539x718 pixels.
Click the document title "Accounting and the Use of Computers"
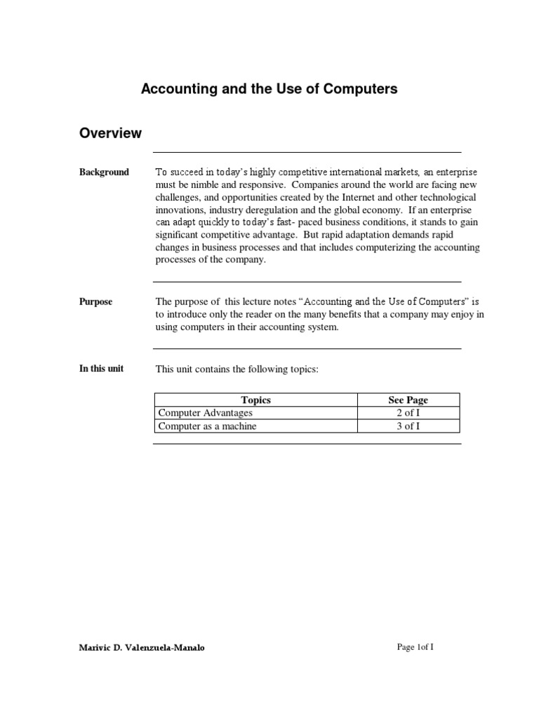(x=269, y=89)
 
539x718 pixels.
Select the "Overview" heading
(x=110, y=133)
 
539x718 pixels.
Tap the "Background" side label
(x=104, y=172)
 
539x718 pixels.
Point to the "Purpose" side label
(x=95, y=302)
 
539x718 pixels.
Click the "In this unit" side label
(x=101, y=369)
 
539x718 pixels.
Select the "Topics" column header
(x=255, y=400)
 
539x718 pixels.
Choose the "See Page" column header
(x=408, y=400)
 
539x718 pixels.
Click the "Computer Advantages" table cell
(x=205, y=414)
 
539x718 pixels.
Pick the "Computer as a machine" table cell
(x=207, y=426)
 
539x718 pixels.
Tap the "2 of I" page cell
(x=408, y=414)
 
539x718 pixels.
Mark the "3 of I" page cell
(x=408, y=426)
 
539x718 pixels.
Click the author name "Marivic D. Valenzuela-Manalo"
(x=142, y=648)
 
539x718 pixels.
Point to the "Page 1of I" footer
(x=415, y=647)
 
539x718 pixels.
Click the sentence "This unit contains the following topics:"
(x=237, y=369)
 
